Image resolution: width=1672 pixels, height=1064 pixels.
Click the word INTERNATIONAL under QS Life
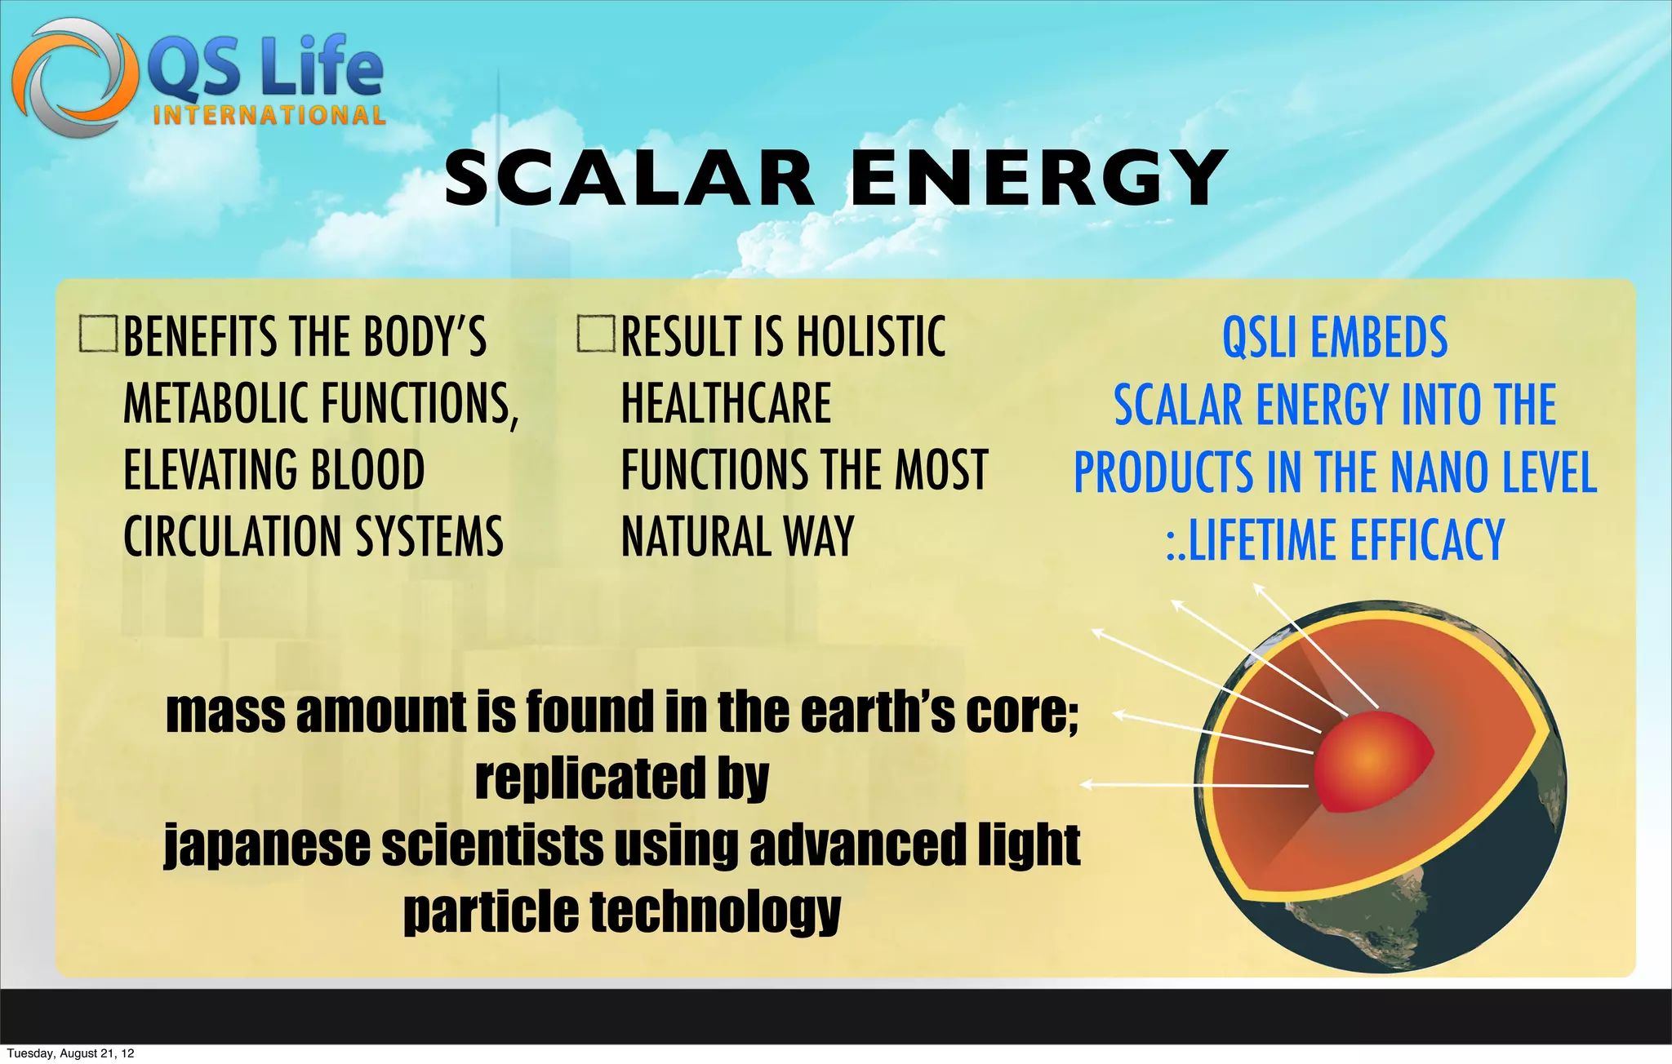(x=269, y=115)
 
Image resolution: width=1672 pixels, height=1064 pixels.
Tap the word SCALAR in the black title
(x=629, y=179)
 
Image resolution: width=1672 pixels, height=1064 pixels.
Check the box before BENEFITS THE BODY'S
(x=99, y=335)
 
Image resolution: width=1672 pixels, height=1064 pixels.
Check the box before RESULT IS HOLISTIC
(x=596, y=335)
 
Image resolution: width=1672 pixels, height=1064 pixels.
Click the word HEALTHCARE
(x=726, y=403)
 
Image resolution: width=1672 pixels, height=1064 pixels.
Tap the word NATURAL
(x=695, y=537)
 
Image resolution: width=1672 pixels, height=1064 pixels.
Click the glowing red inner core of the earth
(x=1372, y=759)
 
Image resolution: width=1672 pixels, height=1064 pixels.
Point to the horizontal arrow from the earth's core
(x=1192, y=785)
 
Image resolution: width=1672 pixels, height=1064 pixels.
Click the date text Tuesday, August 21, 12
(x=70, y=1053)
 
